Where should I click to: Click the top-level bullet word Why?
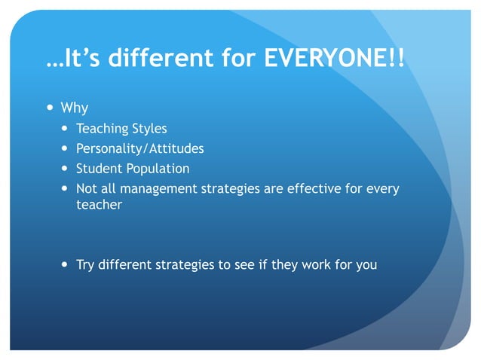coord(74,108)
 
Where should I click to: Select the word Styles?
coord(149,129)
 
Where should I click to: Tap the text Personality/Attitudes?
coord(139,148)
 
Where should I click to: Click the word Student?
coord(99,168)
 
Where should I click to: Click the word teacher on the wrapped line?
coord(99,204)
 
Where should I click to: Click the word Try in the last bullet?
coord(86,264)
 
